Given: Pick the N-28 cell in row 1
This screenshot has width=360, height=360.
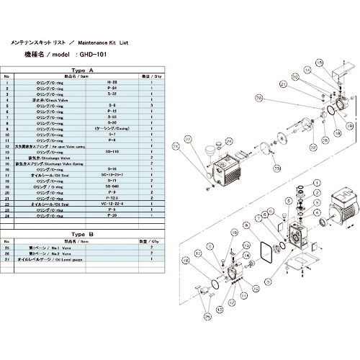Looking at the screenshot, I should [x=112, y=83].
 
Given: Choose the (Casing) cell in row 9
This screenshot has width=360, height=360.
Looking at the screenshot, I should [x=112, y=128].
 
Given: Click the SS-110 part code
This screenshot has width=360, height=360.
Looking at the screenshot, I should [x=112, y=150].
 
